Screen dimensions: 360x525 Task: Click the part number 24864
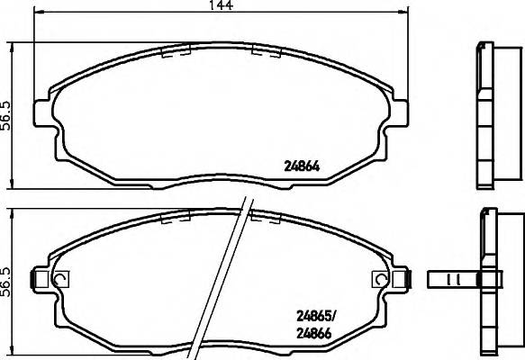(x=303, y=165)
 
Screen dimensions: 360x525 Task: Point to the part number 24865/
(x=317, y=316)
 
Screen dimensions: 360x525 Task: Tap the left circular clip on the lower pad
(x=60, y=279)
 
